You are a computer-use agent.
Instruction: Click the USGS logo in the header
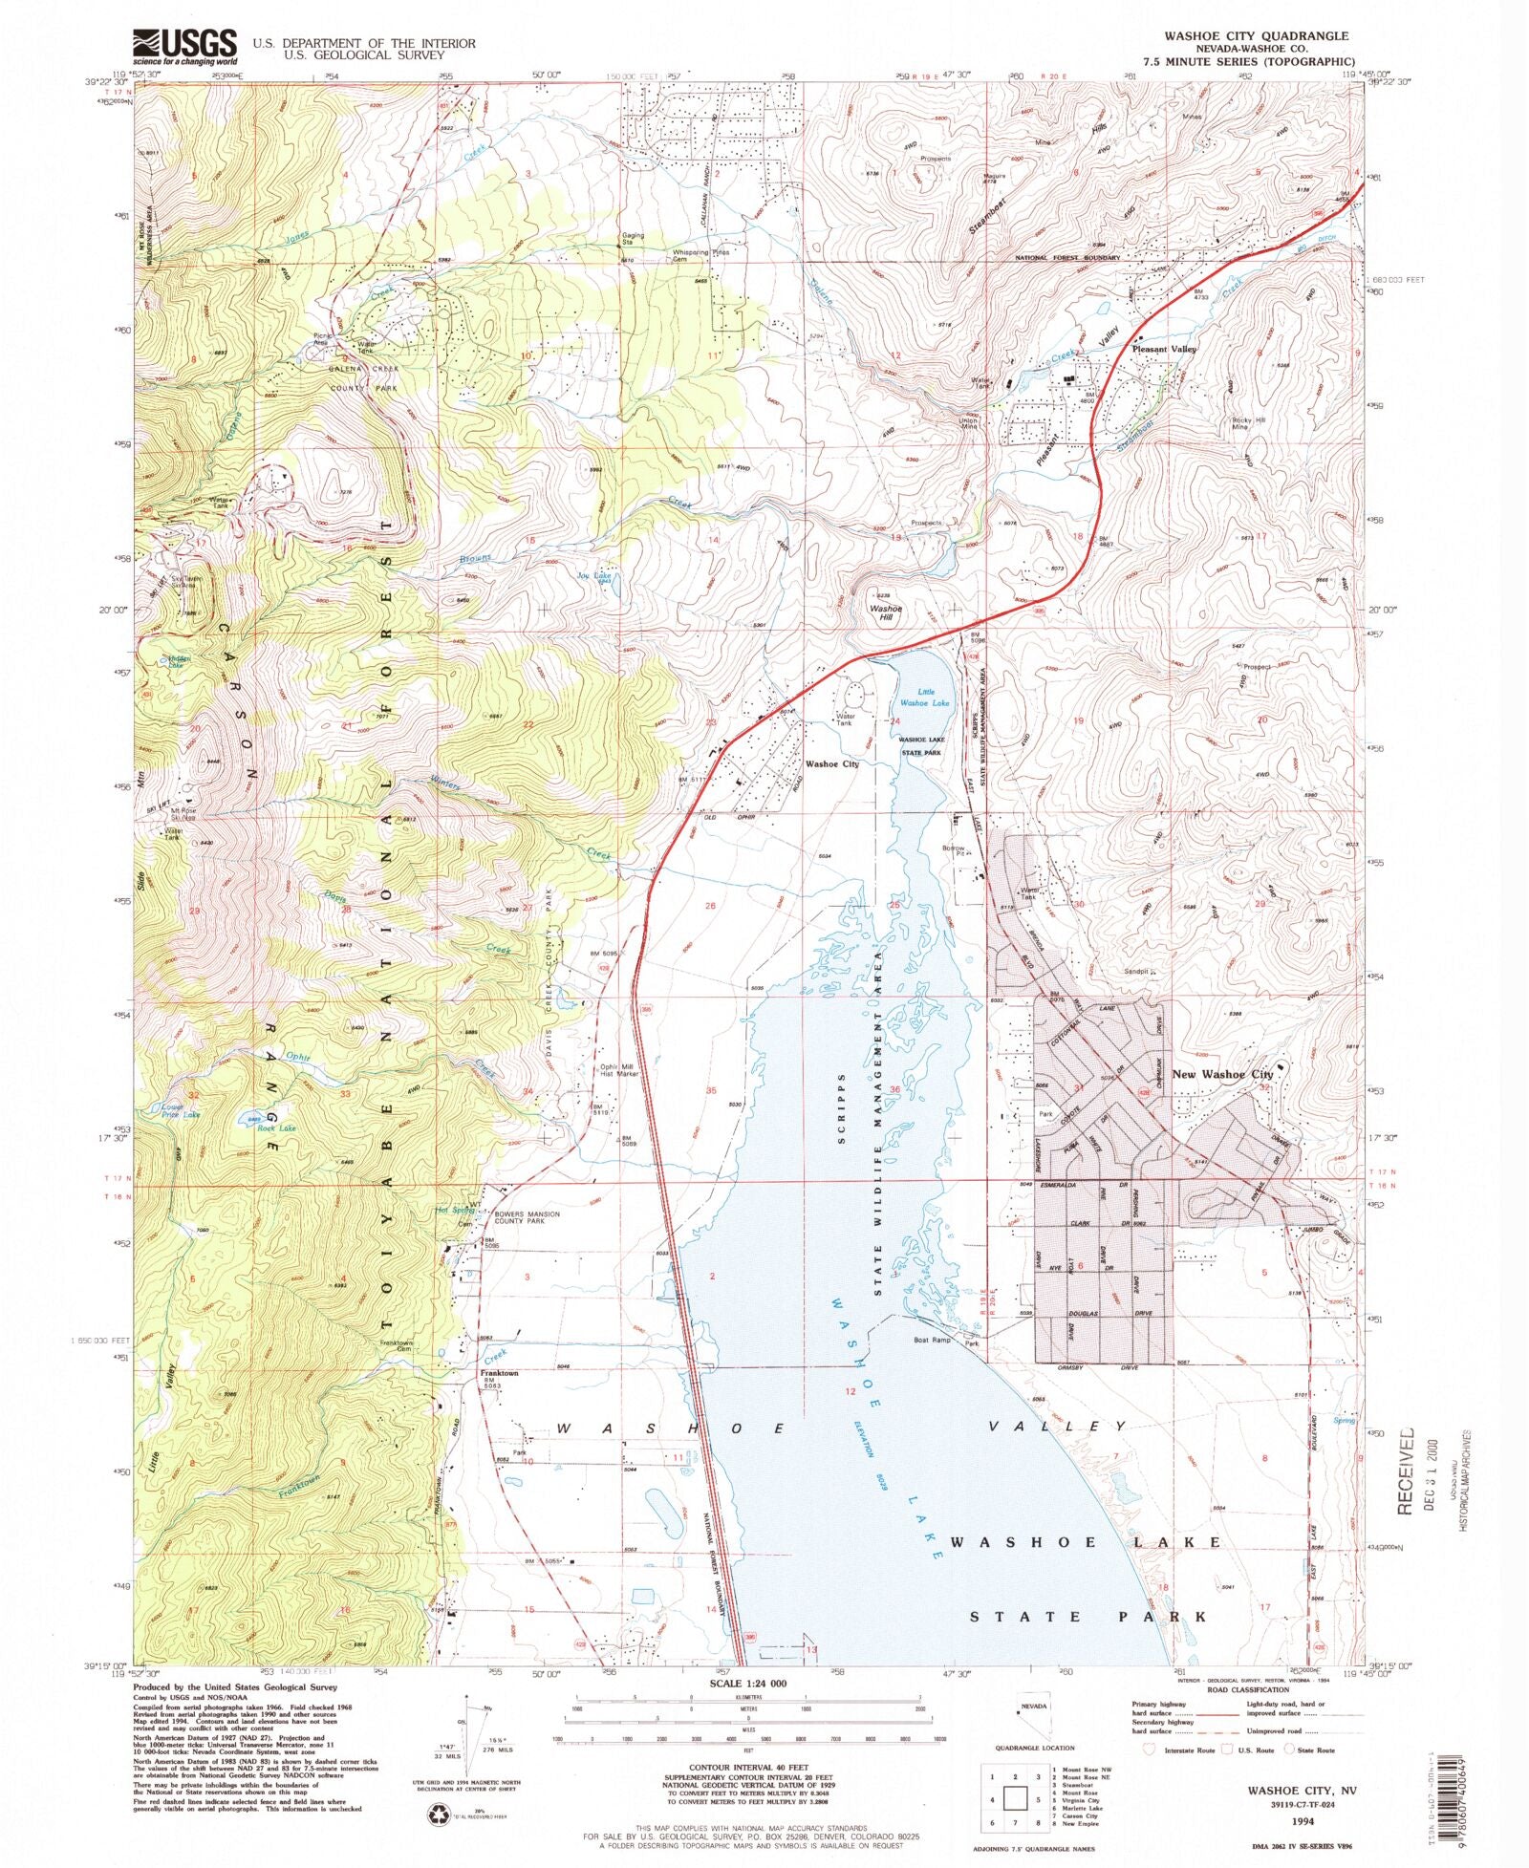click(184, 45)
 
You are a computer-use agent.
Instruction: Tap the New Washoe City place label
click(1222, 1074)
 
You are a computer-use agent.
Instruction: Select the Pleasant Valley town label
click(1164, 350)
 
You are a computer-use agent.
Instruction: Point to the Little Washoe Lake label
click(920, 697)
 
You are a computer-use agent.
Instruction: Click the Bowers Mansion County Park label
click(528, 1218)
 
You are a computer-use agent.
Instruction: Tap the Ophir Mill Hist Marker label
click(617, 1070)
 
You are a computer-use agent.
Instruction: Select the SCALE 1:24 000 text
click(746, 1683)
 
